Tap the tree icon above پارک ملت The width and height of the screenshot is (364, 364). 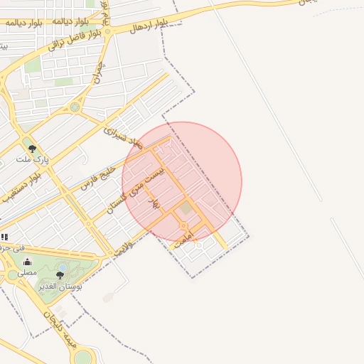coord(32,148)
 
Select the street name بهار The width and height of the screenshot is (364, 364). coord(154,203)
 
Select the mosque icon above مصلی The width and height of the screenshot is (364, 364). coord(28,262)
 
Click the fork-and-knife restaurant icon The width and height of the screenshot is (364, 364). coord(4,237)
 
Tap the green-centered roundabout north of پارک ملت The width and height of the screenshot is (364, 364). coord(75,107)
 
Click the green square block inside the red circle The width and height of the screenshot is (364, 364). coord(186,208)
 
